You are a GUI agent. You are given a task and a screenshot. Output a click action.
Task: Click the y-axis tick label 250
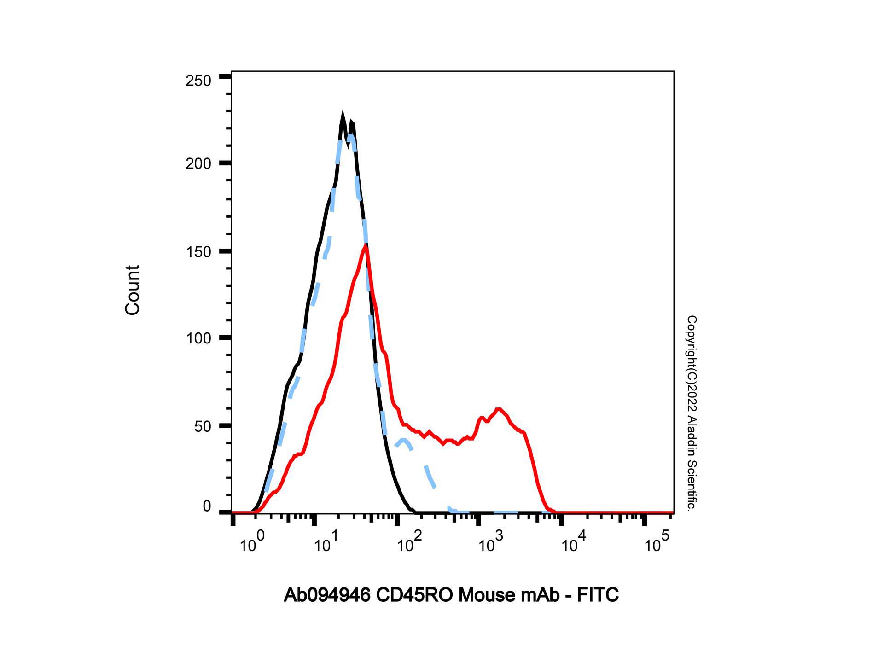[198, 81]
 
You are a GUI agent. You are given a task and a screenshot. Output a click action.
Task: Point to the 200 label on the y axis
[198, 164]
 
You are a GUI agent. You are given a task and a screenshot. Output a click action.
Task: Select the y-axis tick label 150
[198, 252]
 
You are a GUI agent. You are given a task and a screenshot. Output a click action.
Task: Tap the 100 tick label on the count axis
[198, 338]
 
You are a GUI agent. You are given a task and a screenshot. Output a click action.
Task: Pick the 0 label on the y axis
[207, 506]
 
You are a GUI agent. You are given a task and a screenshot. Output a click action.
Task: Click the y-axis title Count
[132, 290]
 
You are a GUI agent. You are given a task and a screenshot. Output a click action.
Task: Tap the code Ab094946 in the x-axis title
[327, 595]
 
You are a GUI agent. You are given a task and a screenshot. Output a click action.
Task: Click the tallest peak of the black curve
[342, 113]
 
